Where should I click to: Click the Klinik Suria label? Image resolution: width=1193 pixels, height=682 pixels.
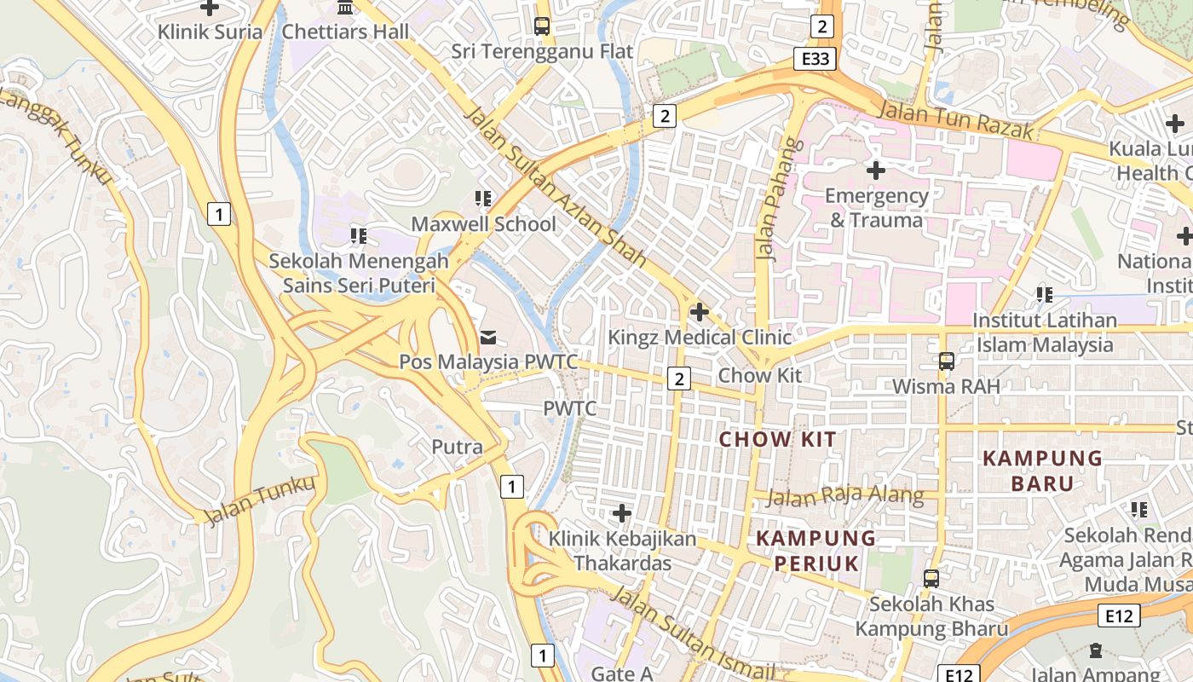210,32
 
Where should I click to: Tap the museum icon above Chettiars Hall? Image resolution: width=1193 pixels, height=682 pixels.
345,8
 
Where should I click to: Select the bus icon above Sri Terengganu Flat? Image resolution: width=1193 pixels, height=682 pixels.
542,26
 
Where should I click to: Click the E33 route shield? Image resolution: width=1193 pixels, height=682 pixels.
815,59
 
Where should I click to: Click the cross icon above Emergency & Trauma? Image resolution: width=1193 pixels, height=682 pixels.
875,170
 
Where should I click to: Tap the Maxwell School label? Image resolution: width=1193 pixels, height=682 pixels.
483,224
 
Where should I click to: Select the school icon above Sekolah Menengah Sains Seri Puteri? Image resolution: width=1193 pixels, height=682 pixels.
359,235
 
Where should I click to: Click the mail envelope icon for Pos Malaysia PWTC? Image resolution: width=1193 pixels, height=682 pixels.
488,338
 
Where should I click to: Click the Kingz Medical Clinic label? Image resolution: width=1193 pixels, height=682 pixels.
699,338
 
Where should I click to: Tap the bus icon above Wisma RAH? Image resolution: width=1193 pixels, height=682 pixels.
946,361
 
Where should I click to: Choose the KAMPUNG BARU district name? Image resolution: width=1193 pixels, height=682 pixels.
1042,471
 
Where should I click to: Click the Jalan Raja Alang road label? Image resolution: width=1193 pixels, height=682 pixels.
844,495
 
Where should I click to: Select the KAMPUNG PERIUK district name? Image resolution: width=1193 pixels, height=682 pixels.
816,550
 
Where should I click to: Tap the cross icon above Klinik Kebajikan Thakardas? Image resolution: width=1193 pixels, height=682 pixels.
622,513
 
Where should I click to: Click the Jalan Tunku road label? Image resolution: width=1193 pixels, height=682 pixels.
261,500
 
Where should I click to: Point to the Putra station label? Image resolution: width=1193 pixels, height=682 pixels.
457,447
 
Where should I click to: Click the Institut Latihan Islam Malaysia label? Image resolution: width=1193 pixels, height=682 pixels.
1044,332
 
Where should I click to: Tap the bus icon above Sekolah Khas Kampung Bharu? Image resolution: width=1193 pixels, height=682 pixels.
931,579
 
